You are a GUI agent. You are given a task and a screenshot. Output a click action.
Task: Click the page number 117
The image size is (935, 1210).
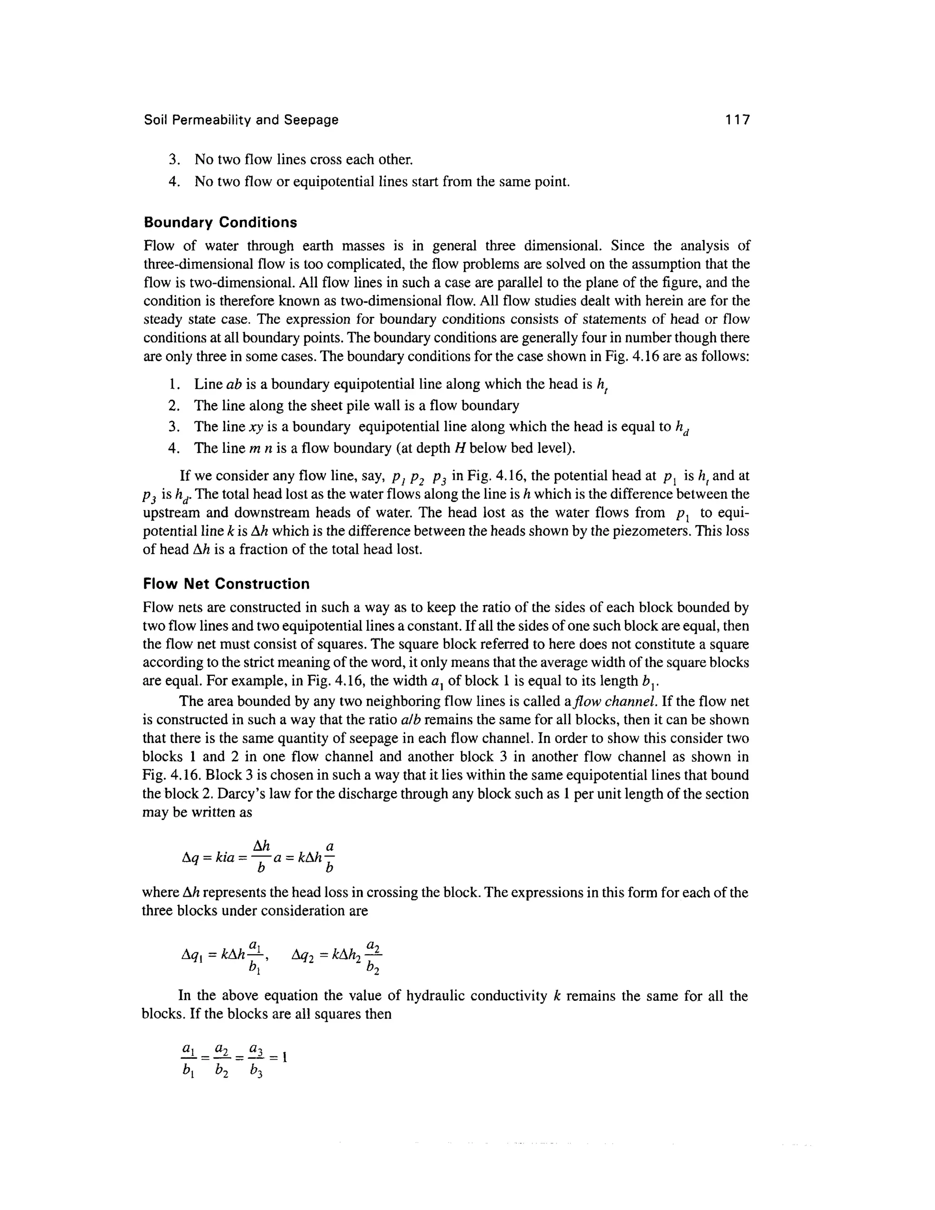pos(737,119)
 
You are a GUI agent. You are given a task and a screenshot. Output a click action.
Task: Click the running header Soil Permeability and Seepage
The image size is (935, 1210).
pos(241,120)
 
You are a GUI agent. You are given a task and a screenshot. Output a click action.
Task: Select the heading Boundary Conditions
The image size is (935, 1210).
pos(220,222)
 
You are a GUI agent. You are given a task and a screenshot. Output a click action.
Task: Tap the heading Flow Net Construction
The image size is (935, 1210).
pos(226,584)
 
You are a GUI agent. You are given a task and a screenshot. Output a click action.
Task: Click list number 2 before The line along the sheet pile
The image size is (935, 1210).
pos(174,405)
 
